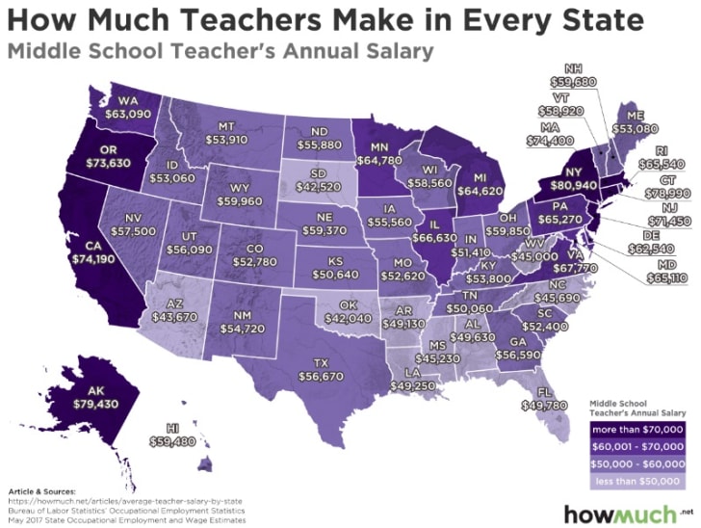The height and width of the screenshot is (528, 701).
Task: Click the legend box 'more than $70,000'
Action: (635, 428)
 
